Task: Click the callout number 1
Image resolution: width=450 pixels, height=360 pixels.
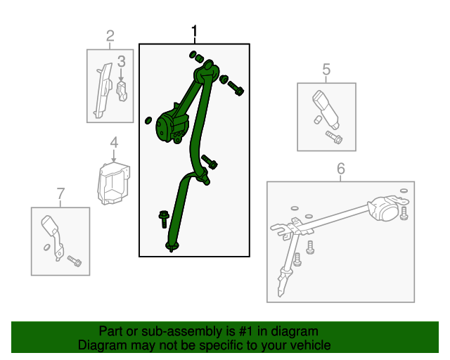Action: click(194, 31)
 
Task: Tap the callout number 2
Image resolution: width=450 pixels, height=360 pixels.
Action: click(110, 36)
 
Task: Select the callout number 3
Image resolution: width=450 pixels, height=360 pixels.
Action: click(122, 61)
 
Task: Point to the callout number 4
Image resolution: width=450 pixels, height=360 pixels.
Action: click(114, 143)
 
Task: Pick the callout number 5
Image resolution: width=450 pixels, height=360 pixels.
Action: click(326, 70)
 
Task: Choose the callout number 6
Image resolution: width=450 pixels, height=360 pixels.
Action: click(340, 169)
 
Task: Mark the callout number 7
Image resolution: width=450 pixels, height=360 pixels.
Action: click(60, 194)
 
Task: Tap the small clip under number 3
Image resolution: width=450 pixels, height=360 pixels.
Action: click(122, 91)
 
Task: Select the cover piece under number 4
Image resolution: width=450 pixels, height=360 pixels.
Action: click(114, 184)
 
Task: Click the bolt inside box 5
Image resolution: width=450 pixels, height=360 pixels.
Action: click(334, 138)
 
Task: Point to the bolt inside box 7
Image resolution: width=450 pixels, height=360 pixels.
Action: click(75, 261)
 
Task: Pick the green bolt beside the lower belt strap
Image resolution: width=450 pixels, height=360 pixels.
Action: click(164, 219)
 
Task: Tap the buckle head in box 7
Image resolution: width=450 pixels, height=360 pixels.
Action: click(49, 225)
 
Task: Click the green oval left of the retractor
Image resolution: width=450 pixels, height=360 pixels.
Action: click(148, 120)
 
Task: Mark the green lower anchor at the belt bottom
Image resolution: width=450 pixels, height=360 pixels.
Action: click(172, 246)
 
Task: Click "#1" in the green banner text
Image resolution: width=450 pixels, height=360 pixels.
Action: click(245, 331)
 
